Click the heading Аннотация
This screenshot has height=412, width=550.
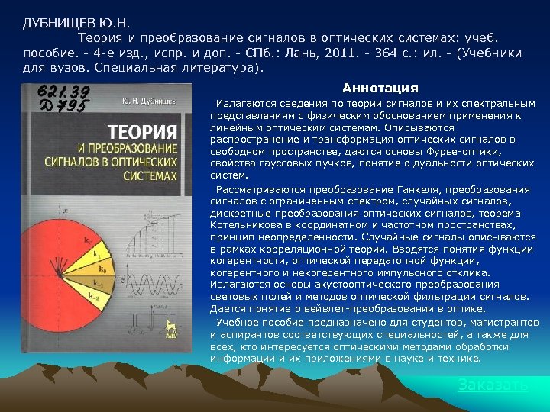pos(380,88)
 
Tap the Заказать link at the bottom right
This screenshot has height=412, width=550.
pos(493,385)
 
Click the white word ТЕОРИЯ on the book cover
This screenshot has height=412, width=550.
pos(142,131)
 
